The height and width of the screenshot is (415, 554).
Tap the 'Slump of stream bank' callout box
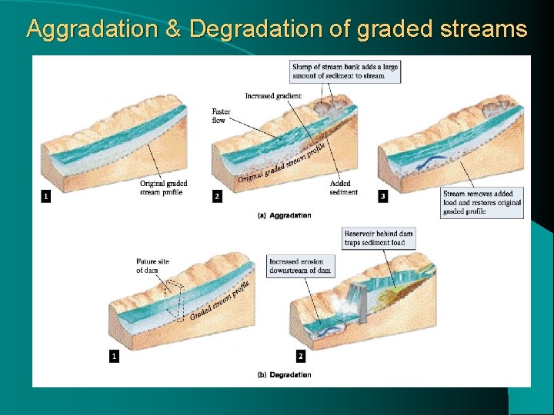point(345,71)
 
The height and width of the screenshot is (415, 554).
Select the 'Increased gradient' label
point(273,96)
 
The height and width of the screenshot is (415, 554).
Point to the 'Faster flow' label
point(221,116)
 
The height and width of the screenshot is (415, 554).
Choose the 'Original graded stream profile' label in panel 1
point(163,188)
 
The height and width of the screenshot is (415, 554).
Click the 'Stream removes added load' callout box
point(482,202)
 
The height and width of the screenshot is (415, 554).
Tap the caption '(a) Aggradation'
point(284,215)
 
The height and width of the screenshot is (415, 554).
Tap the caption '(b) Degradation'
point(284,375)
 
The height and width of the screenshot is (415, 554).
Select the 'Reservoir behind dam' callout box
point(379,237)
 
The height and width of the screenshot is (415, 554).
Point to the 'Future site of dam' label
point(152,266)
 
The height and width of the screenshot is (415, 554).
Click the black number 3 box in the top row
point(383,197)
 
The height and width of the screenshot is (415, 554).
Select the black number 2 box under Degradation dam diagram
point(300,357)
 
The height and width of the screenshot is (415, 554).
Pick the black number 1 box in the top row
point(46,197)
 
